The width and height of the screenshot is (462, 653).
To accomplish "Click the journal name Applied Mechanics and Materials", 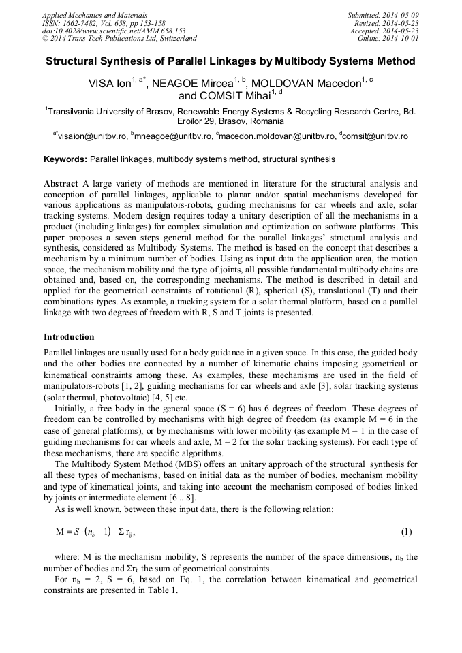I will [95, 14].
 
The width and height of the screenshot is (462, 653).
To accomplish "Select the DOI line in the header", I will [114, 31].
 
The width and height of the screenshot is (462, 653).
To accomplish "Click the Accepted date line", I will [384, 31].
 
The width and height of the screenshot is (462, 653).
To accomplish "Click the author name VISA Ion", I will [110, 84].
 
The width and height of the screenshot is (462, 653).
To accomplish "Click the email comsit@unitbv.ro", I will [377, 136].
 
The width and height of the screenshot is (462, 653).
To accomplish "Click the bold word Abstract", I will [61, 184].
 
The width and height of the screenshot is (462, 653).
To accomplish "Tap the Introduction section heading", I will [69, 337].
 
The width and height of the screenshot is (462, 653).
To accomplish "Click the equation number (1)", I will [406, 531].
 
